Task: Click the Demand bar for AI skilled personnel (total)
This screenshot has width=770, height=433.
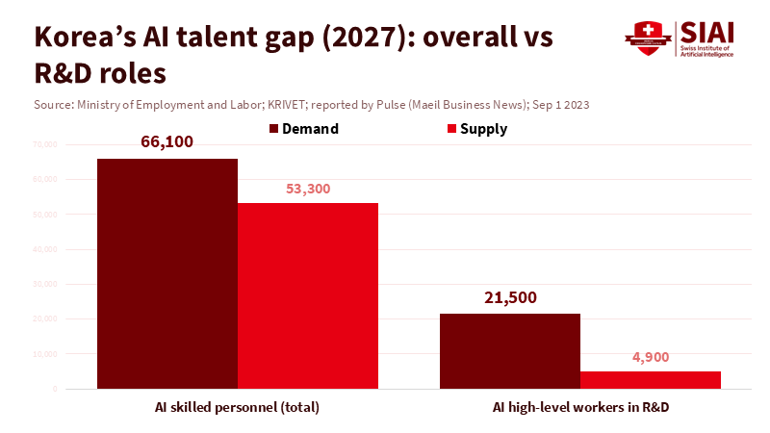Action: tap(167, 273)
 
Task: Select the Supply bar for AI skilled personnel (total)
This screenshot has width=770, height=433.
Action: tap(308, 295)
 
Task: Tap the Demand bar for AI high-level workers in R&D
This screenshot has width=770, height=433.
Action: tap(510, 350)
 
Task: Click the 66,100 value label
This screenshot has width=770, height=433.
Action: tap(167, 142)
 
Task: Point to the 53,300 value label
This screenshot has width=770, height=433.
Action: tap(308, 189)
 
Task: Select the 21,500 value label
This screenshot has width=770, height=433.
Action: tap(510, 297)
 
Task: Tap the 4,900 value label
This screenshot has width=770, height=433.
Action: tap(651, 357)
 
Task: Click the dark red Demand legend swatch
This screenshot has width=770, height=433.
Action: tap(273, 129)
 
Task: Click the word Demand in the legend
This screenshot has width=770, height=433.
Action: tap(310, 129)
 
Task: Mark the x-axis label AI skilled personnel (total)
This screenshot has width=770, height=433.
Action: tap(237, 407)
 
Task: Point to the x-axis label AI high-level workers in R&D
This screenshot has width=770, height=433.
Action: tap(580, 407)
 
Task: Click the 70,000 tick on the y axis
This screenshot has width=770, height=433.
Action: tap(46, 144)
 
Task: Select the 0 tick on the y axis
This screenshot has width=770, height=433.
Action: tap(57, 389)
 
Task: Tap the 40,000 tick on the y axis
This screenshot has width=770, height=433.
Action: tap(46, 249)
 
